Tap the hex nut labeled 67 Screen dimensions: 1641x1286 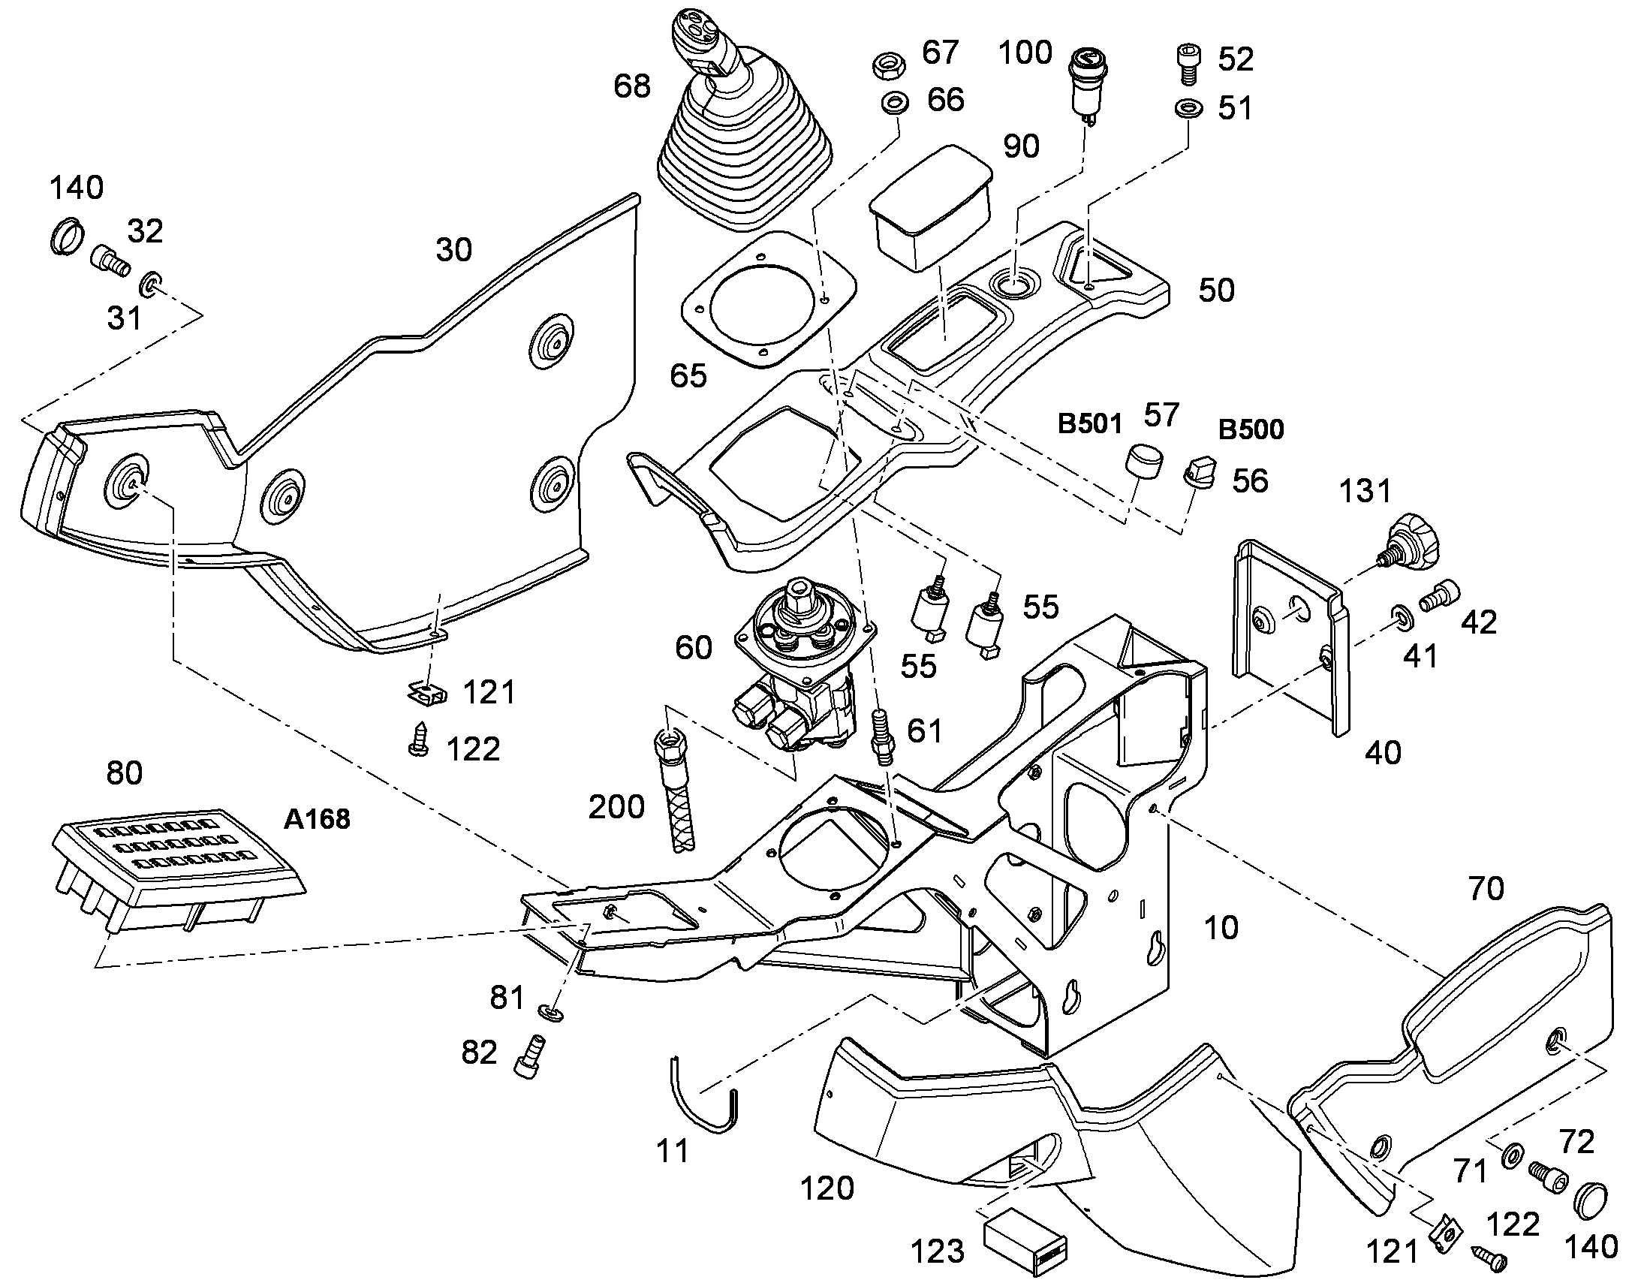pyautogui.click(x=890, y=65)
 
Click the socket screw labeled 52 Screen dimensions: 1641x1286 pyautogui.click(x=1188, y=65)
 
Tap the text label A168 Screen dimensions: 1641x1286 pyautogui.click(x=317, y=818)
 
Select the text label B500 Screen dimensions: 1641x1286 pyautogui.click(x=1251, y=429)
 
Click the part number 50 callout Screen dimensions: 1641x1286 pyautogui.click(x=1216, y=290)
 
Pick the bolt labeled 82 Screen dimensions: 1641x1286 pyautogui.click(x=530, y=1059)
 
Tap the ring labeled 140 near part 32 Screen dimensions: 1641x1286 pyautogui.click(x=66, y=235)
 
